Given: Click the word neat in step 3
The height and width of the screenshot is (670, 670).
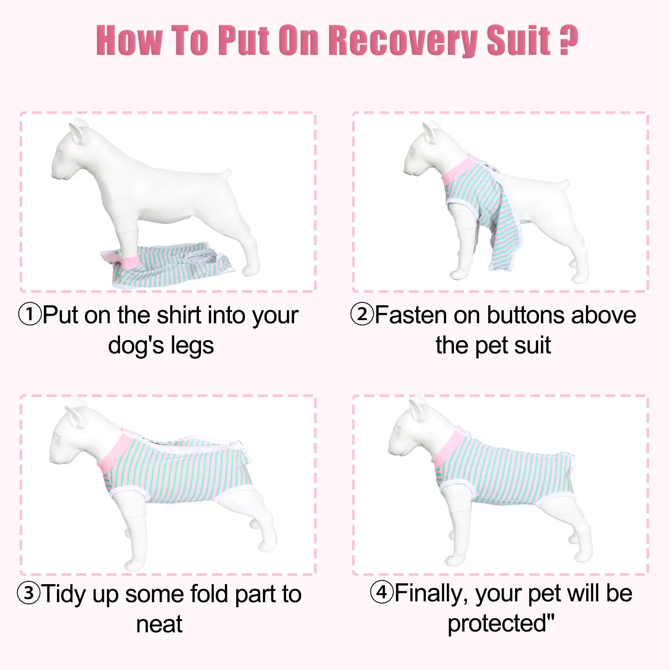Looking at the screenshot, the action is coord(159,624).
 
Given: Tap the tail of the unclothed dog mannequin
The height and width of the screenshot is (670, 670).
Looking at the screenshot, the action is coord(227,173).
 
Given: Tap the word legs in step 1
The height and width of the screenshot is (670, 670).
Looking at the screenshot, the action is coord(193,346).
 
